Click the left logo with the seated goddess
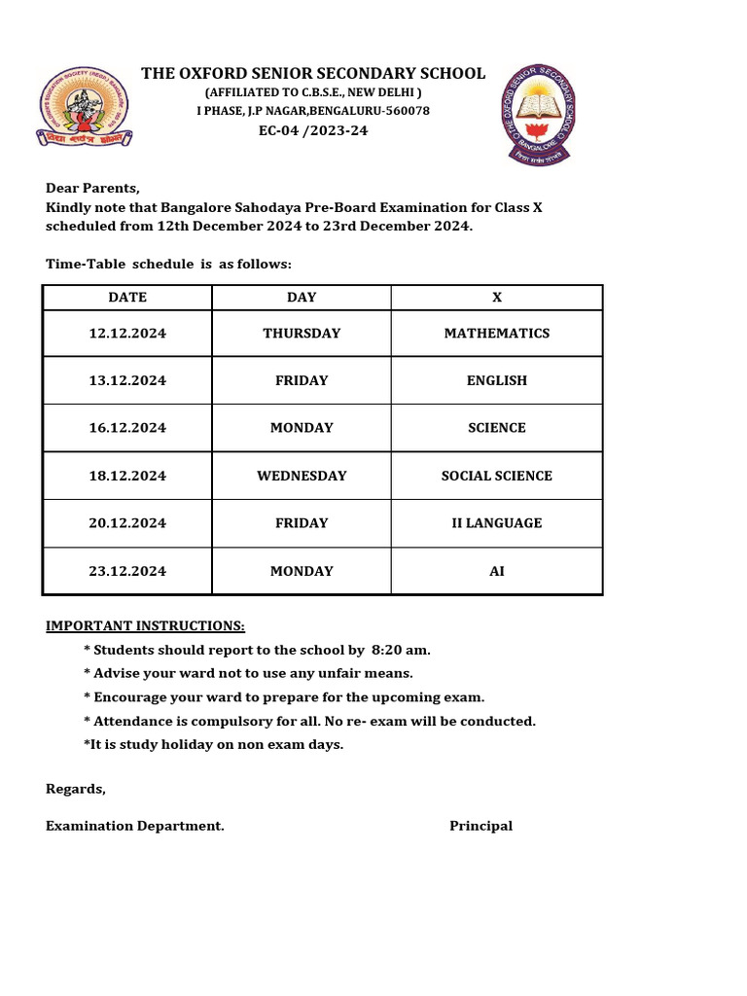(x=85, y=107)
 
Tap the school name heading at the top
(x=313, y=73)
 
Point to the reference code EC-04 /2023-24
(x=313, y=130)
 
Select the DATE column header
(x=127, y=298)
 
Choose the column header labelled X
(x=497, y=298)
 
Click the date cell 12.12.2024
(x=127, y=334)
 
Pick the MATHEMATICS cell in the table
(x=497, y=334)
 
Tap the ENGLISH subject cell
(x=497, y=380)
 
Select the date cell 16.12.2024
(x=127, y=428)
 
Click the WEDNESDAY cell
(x=302, y=476)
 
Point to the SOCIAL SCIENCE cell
(x=497, y=476)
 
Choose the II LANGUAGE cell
(x=497, y=523)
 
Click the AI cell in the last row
(x=497, y=571)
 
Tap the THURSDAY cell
(x=302, y=334)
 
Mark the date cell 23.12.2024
(x=127, y=571)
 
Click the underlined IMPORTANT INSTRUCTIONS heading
(x=146, y=625)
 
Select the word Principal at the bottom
(x=480, y=826)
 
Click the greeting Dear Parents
(x=93, y=188)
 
